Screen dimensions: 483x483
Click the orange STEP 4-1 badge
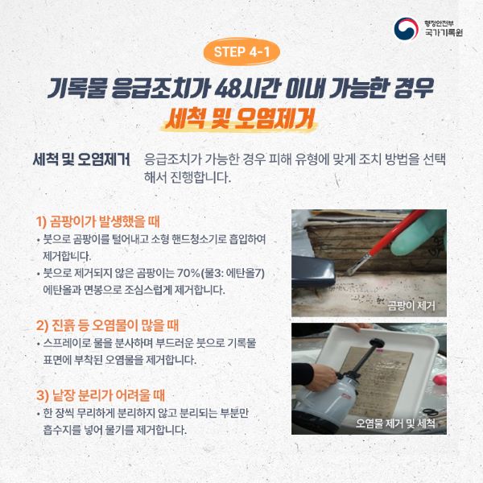(242, 52)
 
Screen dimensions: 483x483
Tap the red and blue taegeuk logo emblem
(407, 29)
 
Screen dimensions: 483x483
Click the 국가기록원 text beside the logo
(444, 32)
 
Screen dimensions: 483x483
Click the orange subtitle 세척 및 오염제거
(240, 118)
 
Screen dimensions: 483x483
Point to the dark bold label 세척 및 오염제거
(81, 159)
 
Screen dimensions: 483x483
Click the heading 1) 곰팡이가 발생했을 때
(98, 221)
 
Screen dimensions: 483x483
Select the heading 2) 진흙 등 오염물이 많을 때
(107, 325)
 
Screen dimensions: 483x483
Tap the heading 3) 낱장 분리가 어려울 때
(101, 395)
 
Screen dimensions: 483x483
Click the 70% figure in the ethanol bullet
(188, 273)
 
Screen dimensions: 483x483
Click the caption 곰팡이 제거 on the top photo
(411, 306)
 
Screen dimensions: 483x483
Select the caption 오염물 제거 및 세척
(395, 423)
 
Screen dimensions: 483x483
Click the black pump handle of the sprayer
(376, 342)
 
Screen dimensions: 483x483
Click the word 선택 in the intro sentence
(434, 159)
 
